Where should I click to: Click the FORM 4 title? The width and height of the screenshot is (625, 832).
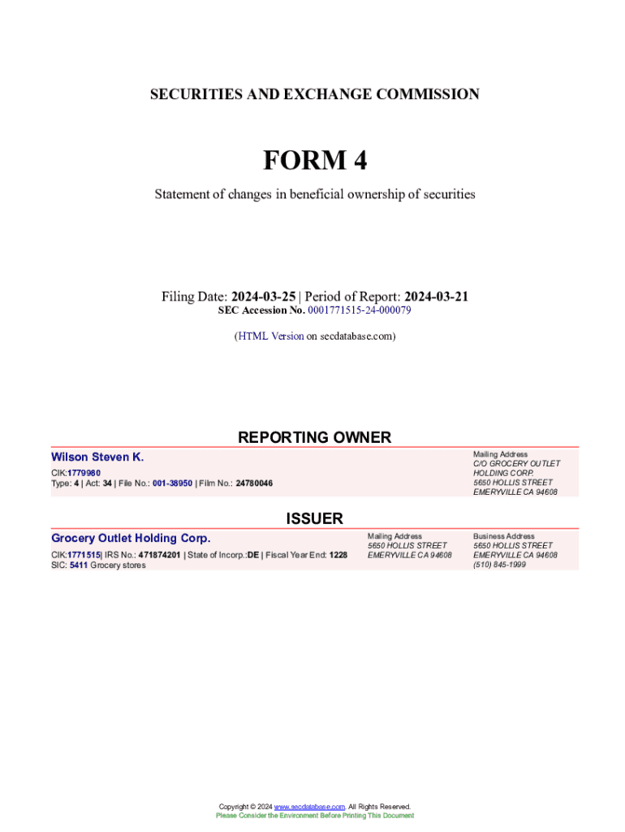point(314,161)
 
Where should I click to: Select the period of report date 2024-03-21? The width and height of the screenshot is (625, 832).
point(436,297)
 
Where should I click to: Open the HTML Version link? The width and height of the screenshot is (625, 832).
point(270,336)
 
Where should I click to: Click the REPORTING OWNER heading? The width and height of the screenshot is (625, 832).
point(314,437)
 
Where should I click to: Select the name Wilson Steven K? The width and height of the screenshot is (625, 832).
point(97,457)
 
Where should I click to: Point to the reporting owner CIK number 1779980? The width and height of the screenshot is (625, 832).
point(84,473)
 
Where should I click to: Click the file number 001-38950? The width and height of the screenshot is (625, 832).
point(172,483)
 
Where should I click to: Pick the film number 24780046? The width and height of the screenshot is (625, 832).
point(254,483)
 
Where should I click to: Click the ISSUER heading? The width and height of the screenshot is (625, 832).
point(314,518)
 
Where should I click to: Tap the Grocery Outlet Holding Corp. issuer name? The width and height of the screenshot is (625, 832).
point(131,538)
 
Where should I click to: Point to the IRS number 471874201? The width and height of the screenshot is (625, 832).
point(160,555)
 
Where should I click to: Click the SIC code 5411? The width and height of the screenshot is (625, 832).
point(78,565)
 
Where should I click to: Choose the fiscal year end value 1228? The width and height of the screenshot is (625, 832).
point(338,555)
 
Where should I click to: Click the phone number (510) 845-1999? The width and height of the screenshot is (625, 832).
point(499,565)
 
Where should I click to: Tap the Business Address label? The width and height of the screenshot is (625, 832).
point(503,536)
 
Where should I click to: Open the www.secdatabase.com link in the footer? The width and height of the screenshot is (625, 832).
point(309,807)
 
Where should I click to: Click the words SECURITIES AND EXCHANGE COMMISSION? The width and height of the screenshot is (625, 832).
point(314,94)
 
